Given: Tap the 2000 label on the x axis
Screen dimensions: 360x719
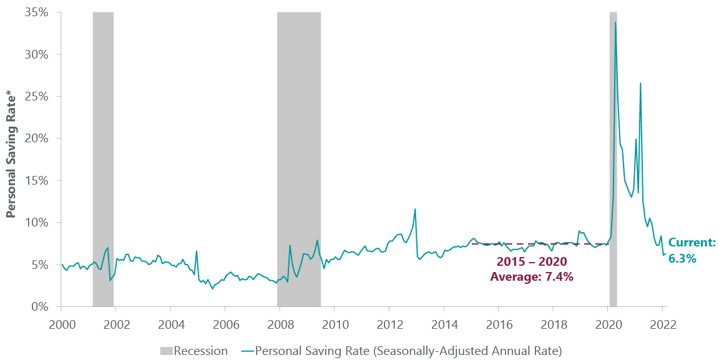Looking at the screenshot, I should click(x=61, y=324).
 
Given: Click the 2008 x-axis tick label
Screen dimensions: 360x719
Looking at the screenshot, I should click(x=280, y=324).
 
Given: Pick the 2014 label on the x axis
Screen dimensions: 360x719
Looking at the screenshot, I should click(x=443, y=324).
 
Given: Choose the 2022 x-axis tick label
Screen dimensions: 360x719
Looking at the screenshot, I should click(x=662, y=324).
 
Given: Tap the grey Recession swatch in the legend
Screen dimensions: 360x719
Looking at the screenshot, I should click(x=164, y=351).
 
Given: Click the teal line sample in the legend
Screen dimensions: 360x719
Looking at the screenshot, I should click(x=245, y=351).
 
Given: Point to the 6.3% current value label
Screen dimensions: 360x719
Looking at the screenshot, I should click(x=682, y=257).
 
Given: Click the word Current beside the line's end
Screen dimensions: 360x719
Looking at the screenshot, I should click(x=692, y=243).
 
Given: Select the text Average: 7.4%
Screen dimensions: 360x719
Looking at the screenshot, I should click(x=531, y=276).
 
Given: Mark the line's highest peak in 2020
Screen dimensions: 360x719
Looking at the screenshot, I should click(x=615, y=23).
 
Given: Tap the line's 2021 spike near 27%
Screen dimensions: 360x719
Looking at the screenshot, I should click(x=640, y=83).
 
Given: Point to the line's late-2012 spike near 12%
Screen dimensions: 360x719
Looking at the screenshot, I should click(x=415, y=209).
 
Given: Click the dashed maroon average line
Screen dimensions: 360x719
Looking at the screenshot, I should click(x=537, y=244).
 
